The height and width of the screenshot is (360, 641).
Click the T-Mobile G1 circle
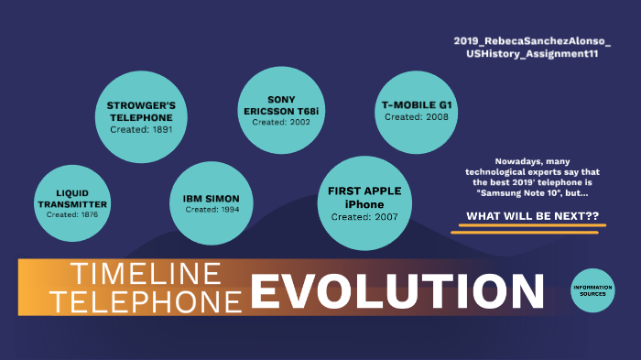(417, 111)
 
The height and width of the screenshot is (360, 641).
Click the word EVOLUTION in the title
(397, 292)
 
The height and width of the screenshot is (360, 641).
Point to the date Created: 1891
(140, 130)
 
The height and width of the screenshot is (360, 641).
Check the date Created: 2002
(281, 122)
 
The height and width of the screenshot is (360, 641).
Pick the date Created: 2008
(417, 117)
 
